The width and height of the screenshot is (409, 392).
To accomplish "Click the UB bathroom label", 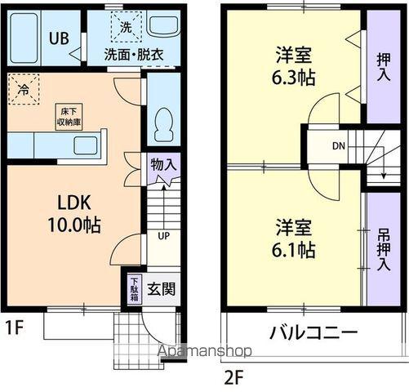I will point(58,38).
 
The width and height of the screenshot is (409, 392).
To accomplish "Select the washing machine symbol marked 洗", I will point(127,26).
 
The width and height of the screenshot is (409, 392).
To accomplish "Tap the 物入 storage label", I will point(163,164).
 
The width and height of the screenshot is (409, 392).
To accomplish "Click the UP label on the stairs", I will point(163,236).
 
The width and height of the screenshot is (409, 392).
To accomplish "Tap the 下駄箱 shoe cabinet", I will point(134,290).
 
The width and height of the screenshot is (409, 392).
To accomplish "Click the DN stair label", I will point(338,147).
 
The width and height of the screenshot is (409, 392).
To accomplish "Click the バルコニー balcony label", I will point(313,333).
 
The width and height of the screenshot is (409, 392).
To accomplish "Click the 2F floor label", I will point(235,377).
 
